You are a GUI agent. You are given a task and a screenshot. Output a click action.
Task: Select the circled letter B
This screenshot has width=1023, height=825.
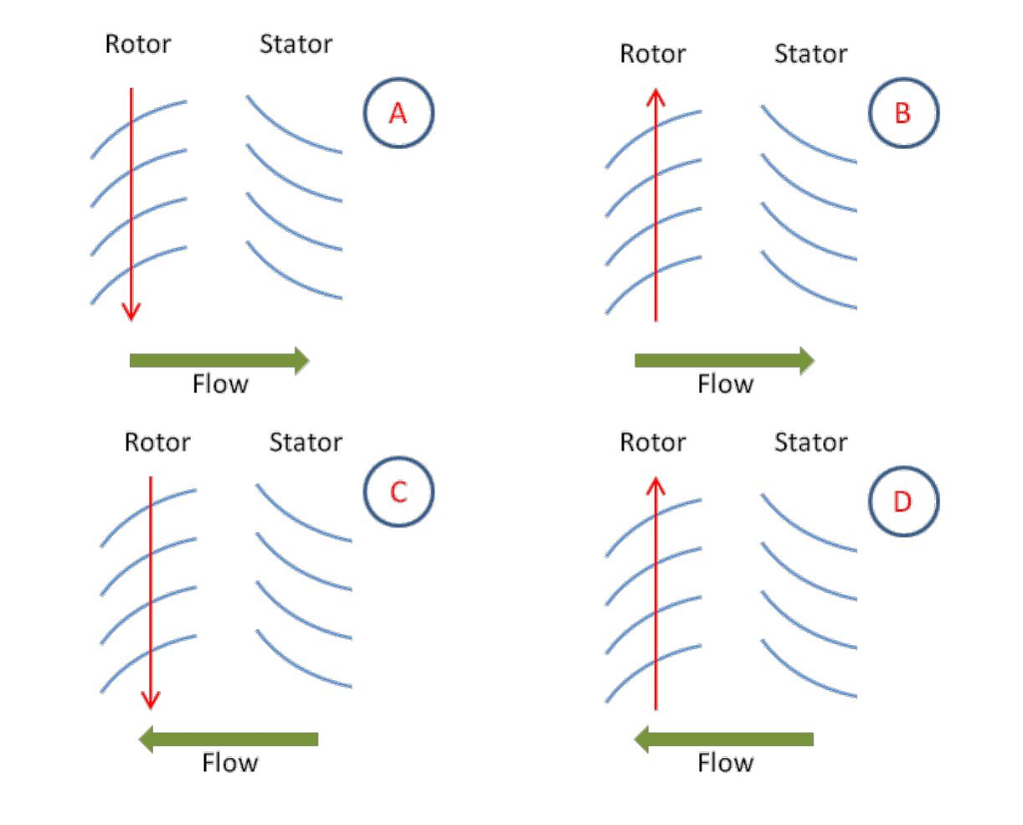coord(903,114)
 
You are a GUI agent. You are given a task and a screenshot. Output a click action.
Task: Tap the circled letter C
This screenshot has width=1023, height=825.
coord(399,492)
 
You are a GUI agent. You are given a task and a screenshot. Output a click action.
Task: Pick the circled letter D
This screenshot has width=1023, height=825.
coord(903,501)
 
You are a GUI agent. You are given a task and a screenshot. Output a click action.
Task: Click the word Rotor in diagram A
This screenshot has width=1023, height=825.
coord(138,44)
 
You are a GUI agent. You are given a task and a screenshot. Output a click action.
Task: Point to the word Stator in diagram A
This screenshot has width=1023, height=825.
coord(296,44)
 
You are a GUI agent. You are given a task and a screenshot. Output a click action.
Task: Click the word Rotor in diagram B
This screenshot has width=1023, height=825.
coord(653,53)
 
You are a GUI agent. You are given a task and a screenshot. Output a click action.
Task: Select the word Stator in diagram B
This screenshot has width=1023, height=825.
coord(810,53)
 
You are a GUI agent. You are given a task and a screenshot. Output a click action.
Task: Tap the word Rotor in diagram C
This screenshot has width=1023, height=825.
coord(157,441)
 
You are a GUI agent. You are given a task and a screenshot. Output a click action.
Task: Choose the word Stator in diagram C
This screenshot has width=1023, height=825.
coord(306,441)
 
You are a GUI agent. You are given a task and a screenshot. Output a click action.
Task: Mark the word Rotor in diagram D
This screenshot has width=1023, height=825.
coord(653,441)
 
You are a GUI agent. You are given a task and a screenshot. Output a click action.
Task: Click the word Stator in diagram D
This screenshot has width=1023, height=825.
coord(810,441)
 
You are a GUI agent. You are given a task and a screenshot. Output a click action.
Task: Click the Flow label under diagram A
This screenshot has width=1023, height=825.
coord(220,385)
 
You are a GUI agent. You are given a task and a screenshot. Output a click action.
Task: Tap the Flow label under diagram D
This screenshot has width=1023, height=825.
coord(725,764)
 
